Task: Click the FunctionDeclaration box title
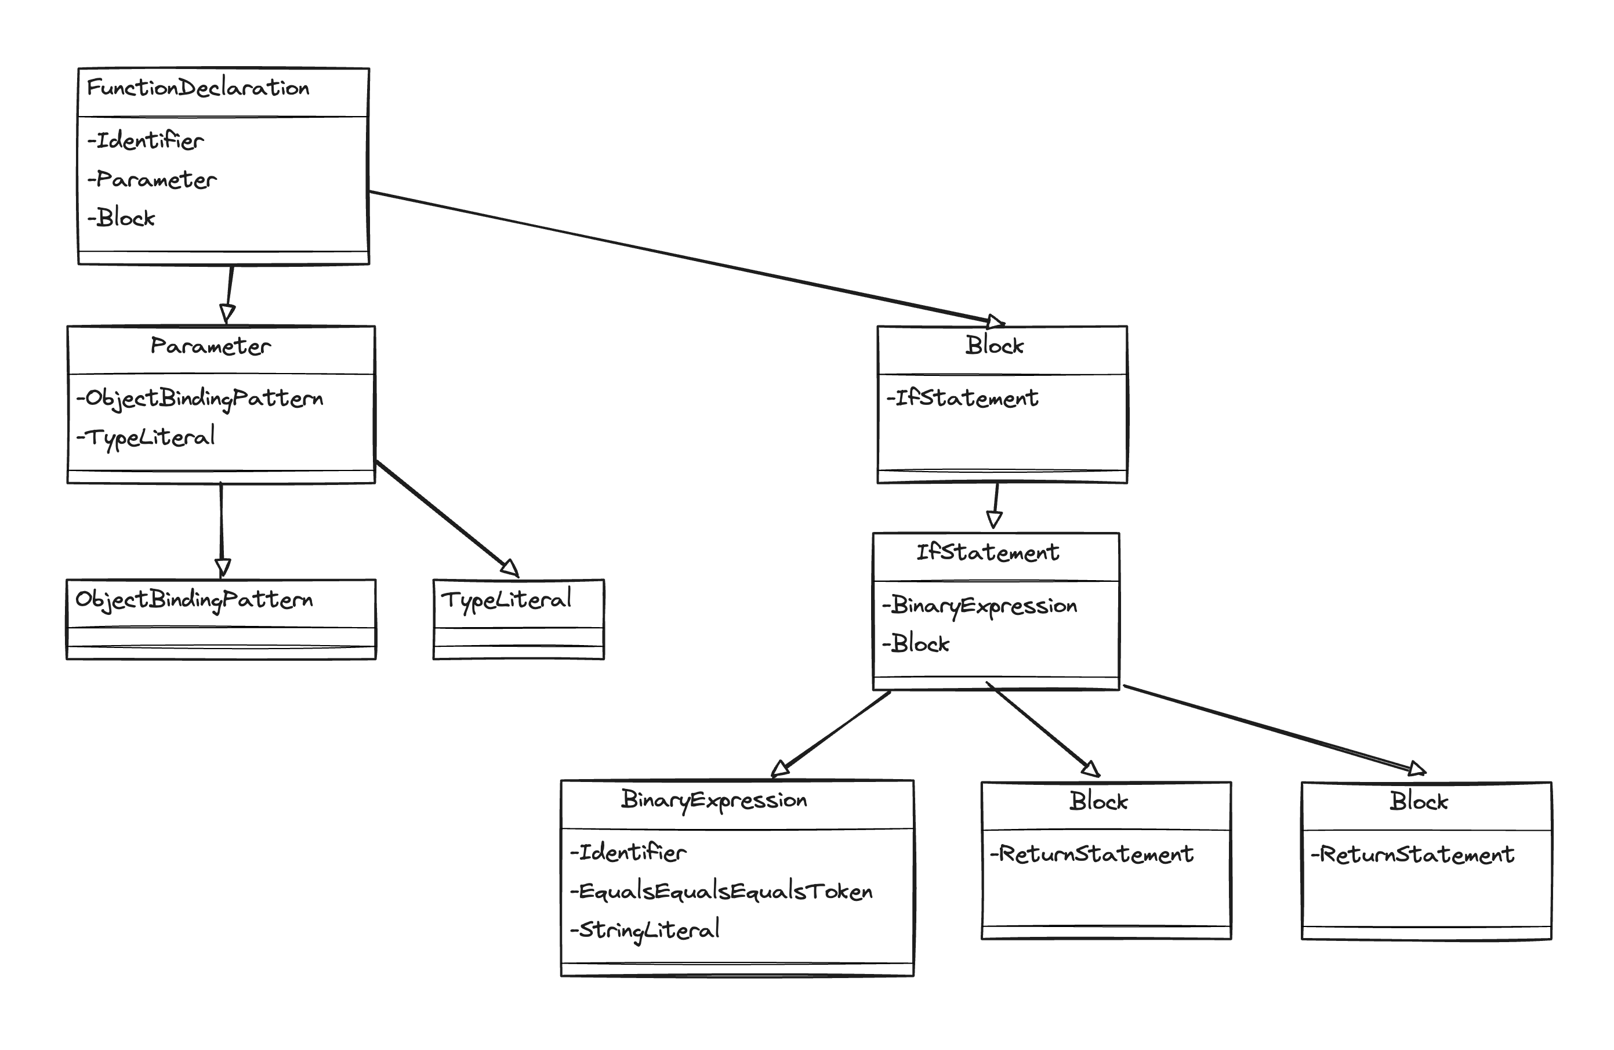tap(198, 88)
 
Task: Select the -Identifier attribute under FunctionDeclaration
tap(146, 141)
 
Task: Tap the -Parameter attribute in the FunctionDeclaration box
tap(153, 180)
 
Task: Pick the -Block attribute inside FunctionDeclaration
tap(122, 218)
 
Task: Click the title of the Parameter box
tap(210, 346)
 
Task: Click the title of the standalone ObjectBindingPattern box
tap(194, 600)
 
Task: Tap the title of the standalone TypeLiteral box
tap(506, 600)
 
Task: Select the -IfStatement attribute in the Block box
tap(962, 398)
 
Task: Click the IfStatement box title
tap(988, 553)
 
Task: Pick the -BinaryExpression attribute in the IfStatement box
tap(980, 606)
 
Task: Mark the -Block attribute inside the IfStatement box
tap(916, 644)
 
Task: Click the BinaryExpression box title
tap(714, 801)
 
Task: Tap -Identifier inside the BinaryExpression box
tap(629, 853)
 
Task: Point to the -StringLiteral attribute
tap(645, 930)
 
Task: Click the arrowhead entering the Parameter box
tap(229, 313)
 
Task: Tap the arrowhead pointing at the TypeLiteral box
tap(510, 568)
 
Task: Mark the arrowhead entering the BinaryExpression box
tap(781, 767)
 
